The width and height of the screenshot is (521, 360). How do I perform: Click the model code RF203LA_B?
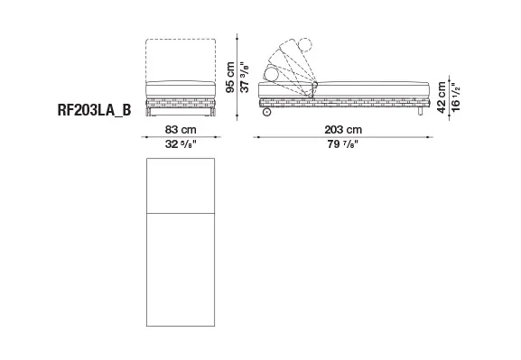(x=95, y=110)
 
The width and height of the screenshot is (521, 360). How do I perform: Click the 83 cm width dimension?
(x=181, y=129)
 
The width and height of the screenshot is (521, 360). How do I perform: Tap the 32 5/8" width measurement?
(x=181, y=144)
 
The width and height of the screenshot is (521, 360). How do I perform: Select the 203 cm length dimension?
(x=343, y=129)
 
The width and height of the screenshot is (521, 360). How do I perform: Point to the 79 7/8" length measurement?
(x=343, y=144)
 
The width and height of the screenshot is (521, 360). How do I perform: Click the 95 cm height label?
(x=230, y=78)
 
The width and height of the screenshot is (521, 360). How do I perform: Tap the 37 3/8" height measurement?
(x=245, y=78)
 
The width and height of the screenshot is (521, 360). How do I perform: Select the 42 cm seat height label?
(x=442, y=97)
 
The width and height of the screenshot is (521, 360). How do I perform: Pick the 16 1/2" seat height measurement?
(x=456, y=97)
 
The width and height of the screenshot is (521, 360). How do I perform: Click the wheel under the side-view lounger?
(x=266, y=112)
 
